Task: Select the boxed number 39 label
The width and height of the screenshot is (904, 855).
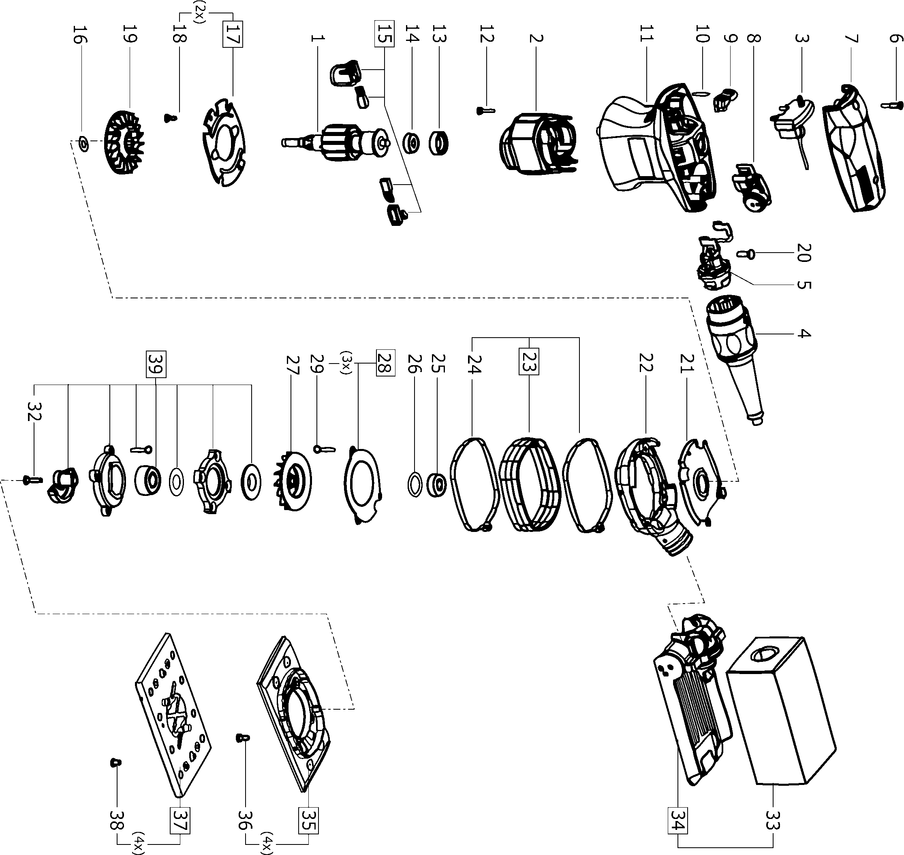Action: (156, 364)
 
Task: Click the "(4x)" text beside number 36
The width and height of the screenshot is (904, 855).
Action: (266, 841)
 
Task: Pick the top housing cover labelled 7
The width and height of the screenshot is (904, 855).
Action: (853, 148)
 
